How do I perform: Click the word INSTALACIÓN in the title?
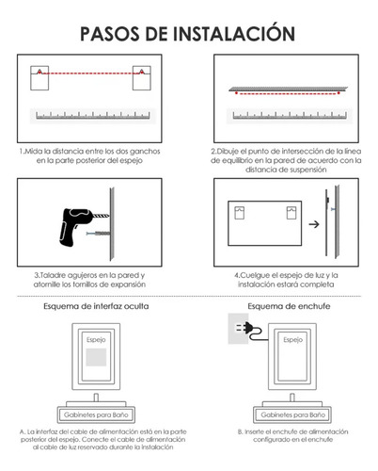pos(234,33)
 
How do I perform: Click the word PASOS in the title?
pos(110,34)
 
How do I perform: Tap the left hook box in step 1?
pos(39,78)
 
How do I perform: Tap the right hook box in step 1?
pos(142,78)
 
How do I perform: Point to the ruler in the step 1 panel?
pos(93,115)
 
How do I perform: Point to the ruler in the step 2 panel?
pos(290,115)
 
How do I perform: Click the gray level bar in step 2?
pos(289,89)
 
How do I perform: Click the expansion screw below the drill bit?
pos(98,234)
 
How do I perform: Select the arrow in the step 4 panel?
pos(314,224)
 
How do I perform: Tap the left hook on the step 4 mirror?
pos(240,213)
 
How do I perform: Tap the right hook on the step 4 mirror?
pos(291,213)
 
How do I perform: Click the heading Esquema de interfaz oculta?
pos(96,306)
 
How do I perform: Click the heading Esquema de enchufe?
pos(289,306)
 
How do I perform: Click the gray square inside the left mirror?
pos(96,357)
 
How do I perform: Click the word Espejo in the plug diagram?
pos(293,340)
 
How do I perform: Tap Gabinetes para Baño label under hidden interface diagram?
pos(96,414)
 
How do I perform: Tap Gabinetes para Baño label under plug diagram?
pos(293,414)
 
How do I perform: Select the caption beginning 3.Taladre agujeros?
pos(89,280)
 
